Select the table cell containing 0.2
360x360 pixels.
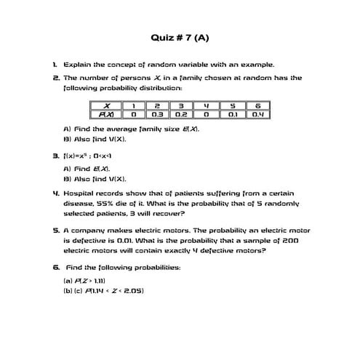click(x=181, y=115)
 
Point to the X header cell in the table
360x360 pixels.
click(x=106, y=106)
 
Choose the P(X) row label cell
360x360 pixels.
click(x=106, y=115)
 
